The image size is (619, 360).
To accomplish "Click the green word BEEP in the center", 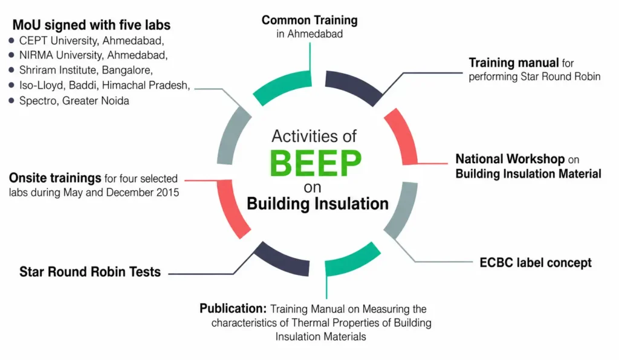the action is [x=316, y=163].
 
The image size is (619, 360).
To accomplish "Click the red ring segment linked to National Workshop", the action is [x=402, y=136].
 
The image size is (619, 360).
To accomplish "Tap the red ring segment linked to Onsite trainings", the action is [x=232, y=209].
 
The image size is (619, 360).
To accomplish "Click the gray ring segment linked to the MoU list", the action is [x=233, y=135].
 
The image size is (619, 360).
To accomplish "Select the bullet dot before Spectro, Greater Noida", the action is [x=11, y=100].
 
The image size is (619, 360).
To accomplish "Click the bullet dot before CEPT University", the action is [x=11, y=40].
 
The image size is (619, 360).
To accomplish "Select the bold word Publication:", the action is [x=233, y=308].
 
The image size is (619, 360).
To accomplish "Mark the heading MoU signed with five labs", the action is [x=92, y=25].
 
